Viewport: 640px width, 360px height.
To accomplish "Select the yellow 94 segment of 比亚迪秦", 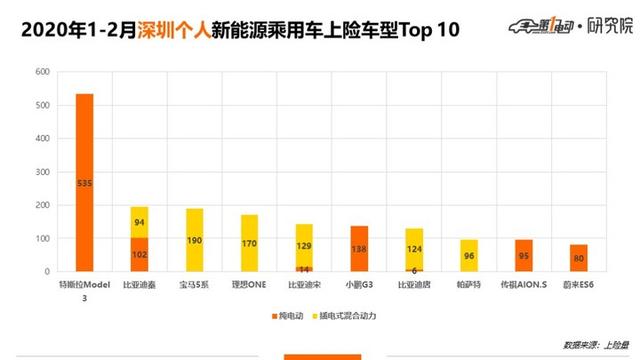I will (139, 222).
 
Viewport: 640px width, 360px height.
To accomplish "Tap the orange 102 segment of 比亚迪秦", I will (139, 254).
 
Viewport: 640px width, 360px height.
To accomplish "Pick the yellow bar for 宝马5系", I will (194, 240).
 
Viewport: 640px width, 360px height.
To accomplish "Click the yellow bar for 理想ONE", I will (249, 243).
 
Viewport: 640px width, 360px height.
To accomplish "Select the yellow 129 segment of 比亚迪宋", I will (303, 245).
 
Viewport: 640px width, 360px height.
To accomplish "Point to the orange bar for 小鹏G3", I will (358, 249).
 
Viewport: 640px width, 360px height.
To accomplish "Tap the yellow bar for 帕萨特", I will (467, 255).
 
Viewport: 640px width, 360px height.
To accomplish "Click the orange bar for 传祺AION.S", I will (521, 255).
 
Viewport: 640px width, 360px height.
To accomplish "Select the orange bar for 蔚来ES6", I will (576, 258).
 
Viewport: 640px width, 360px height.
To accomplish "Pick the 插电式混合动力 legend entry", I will (351, 316).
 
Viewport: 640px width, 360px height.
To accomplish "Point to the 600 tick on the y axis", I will (41, 73).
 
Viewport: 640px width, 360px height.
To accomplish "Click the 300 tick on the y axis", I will (41, 172).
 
